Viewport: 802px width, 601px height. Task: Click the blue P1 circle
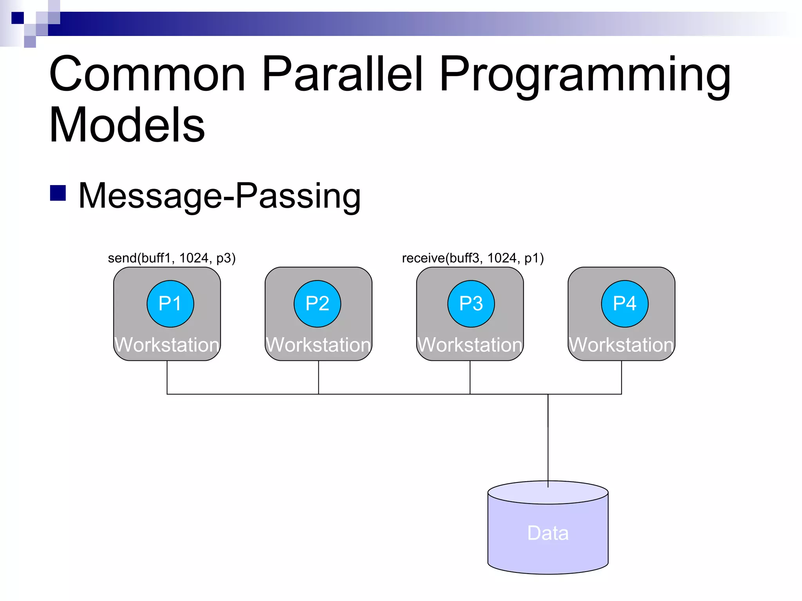170,304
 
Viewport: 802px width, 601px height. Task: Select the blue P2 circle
317,304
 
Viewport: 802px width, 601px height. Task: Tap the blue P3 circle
471,304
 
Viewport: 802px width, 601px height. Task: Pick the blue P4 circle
625,304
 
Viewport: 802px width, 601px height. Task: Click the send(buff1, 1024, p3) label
172,258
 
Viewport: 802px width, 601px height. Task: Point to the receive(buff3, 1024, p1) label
473,258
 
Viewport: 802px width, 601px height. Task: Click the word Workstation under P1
167,345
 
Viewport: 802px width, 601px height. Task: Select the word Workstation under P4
621,345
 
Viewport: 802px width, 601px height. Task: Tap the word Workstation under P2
318,345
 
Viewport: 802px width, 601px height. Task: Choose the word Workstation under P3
470,345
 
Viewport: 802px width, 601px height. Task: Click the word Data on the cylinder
548,533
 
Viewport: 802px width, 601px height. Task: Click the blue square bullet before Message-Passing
58,193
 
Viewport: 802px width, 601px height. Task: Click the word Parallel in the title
343,74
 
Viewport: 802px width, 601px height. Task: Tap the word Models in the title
127,125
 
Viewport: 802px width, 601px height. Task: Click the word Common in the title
148,74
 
